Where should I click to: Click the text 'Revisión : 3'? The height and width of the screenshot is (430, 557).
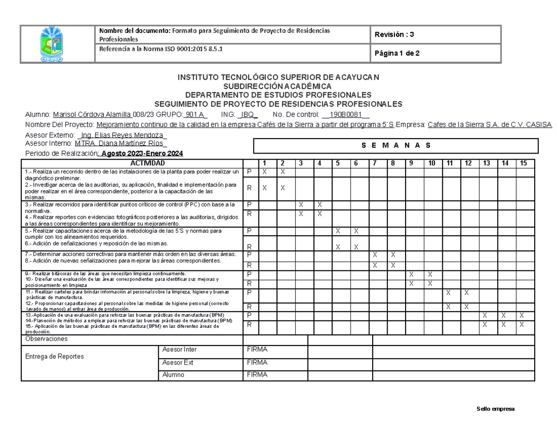[395, 34]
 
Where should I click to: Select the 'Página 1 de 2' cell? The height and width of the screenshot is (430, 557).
[397, 53]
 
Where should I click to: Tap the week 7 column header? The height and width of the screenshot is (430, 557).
[375, 163]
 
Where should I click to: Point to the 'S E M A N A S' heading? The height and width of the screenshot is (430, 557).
[396, 145]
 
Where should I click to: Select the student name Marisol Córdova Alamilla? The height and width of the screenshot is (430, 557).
[92, 115]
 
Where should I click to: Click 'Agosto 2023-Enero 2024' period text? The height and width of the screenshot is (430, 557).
[142, 154]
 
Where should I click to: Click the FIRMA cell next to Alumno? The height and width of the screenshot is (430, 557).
[257, 375]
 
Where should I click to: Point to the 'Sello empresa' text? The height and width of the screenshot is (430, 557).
[495, 409]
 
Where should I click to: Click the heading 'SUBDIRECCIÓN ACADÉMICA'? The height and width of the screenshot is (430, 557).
[278, 86]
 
